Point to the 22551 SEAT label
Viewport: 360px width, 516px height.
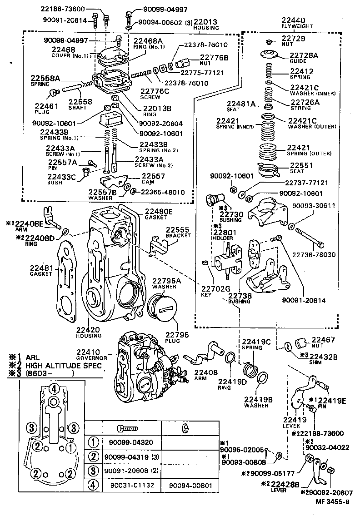click(x=301, y=168)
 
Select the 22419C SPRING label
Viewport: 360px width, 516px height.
click(x=256, y=344)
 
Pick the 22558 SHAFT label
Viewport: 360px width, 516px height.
click(x=80, y=104)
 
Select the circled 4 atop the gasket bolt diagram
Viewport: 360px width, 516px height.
click(x=53, y=389)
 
